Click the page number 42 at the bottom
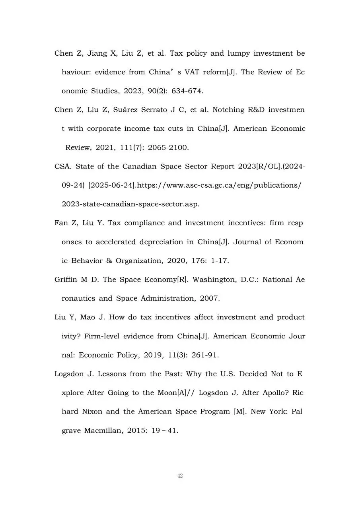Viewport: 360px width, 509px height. [x=180, y=476]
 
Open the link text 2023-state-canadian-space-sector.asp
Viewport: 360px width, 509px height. [x=130, y=204]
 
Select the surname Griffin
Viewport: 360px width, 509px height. [x=66, y=280]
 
